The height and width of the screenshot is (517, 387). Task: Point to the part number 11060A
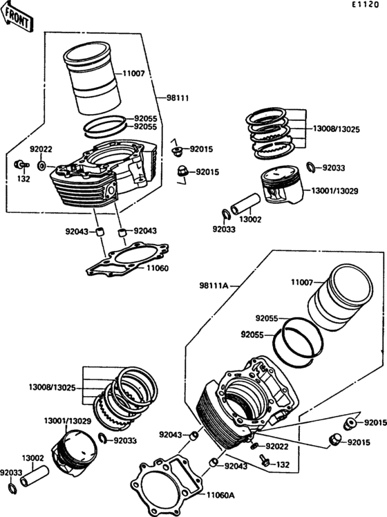[221, 495]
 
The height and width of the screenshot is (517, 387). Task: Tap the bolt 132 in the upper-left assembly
[21, 164]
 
